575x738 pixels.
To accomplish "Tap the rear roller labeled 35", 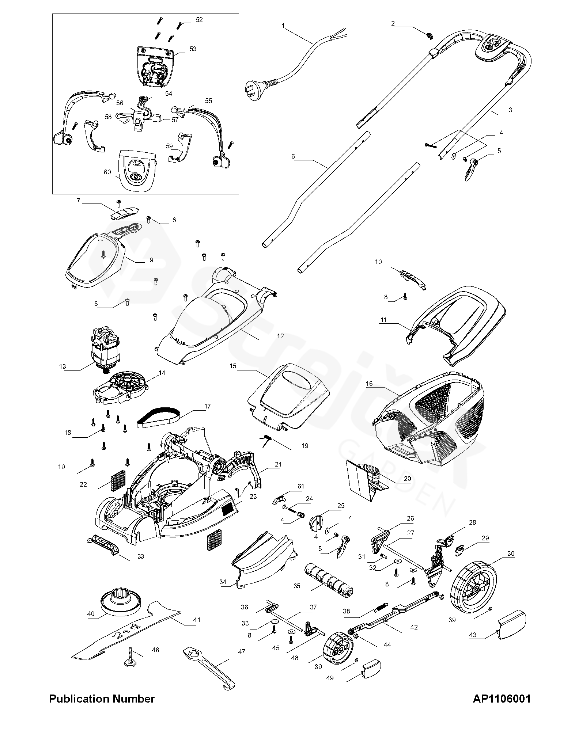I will (x=328, y=581).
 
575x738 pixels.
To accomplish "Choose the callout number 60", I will (x=107, y=172).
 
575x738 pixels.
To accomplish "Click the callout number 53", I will (x=193, y=49).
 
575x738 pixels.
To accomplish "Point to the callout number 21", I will (x=278, y=464).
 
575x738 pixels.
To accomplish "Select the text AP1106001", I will (x=501, y=699).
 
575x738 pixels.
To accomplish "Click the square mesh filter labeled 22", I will (x=118, y=480).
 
